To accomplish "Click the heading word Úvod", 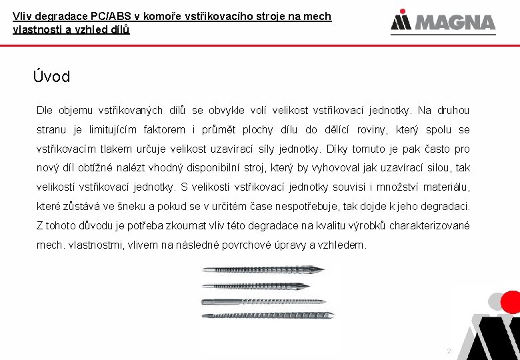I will [51, 77].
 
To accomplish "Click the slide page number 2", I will [449, 351].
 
